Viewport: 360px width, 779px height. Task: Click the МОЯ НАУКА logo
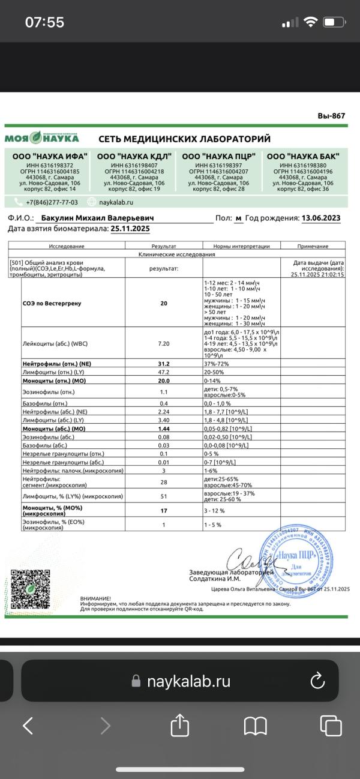[42, 138]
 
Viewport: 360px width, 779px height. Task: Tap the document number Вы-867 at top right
[332, 116]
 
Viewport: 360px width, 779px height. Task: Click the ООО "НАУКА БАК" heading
[303, 156]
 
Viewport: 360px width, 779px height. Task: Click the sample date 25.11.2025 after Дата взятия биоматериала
[130, 229]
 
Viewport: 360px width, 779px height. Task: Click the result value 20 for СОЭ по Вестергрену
[164, 303]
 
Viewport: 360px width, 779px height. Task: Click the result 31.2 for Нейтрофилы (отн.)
[164, 364]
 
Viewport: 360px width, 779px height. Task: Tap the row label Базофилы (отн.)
[41, 402]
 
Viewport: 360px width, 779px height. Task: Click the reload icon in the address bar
[316, 681]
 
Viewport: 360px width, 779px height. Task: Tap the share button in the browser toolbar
[180, 726]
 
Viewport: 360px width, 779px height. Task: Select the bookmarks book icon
[255, 726]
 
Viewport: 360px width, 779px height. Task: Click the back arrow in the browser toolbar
[28, 726]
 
